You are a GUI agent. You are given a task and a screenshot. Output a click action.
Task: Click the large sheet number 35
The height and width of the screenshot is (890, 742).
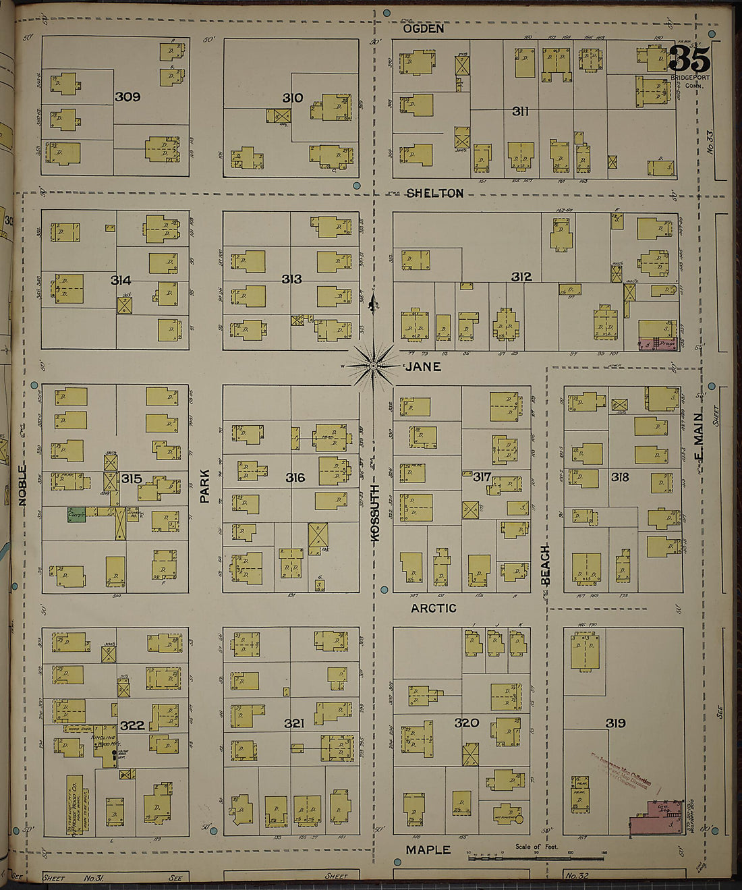click(689, 59)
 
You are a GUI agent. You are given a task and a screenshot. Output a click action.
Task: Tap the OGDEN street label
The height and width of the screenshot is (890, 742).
click(424, 29)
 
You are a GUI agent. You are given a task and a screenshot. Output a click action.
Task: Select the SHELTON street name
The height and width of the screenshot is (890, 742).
click(434, 194)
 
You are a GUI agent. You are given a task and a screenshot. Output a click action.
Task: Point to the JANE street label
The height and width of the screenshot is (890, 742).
click(423, 366)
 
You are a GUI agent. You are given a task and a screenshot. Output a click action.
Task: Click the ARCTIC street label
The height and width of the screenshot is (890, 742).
click(434, 608)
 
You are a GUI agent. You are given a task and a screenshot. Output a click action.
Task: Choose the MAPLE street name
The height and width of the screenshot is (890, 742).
click(428, 850)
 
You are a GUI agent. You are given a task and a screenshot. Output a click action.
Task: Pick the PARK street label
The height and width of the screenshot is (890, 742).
click(205, 486)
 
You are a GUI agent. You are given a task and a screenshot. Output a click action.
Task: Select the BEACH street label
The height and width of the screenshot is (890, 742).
click(546, 564)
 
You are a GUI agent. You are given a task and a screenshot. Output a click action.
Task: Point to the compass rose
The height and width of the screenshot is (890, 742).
click(372, 366)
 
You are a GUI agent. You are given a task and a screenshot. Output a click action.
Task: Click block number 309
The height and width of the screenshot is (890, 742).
click(127, 96)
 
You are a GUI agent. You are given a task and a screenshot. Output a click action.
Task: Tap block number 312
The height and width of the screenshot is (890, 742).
click(521, 277)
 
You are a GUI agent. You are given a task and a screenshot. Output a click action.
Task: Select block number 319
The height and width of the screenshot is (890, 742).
click(615, 723)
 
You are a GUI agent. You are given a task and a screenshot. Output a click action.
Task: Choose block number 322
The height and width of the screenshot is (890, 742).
click(132, 725)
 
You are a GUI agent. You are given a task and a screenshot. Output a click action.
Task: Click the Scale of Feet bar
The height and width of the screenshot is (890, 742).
click(536, 858)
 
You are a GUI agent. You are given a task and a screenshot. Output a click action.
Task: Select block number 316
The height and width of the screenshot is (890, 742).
click(295, 478)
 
